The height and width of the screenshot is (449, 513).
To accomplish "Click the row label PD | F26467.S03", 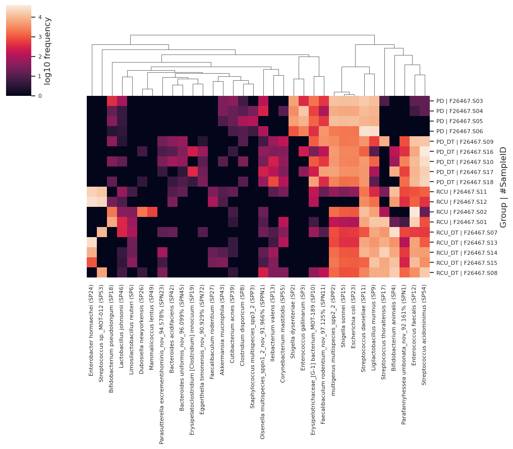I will coord(460,101).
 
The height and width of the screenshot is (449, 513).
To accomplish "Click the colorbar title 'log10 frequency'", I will coord(48,50).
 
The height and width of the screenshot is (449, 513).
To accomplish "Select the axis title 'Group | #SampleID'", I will coord(503,187).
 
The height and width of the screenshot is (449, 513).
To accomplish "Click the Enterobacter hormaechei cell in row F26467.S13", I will coord(92,243).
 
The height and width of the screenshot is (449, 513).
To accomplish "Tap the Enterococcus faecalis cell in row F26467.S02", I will coord(415,212).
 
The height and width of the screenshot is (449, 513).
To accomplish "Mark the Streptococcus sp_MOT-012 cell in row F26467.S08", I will coord(102,273).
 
